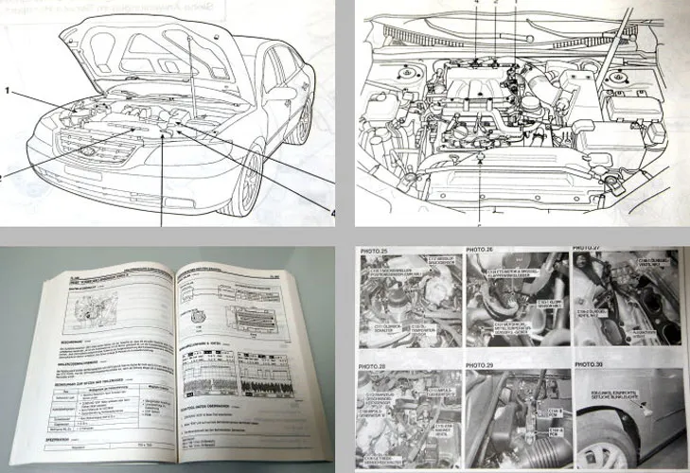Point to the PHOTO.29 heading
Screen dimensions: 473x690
point(483,361)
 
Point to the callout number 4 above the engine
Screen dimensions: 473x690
point(478,5)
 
